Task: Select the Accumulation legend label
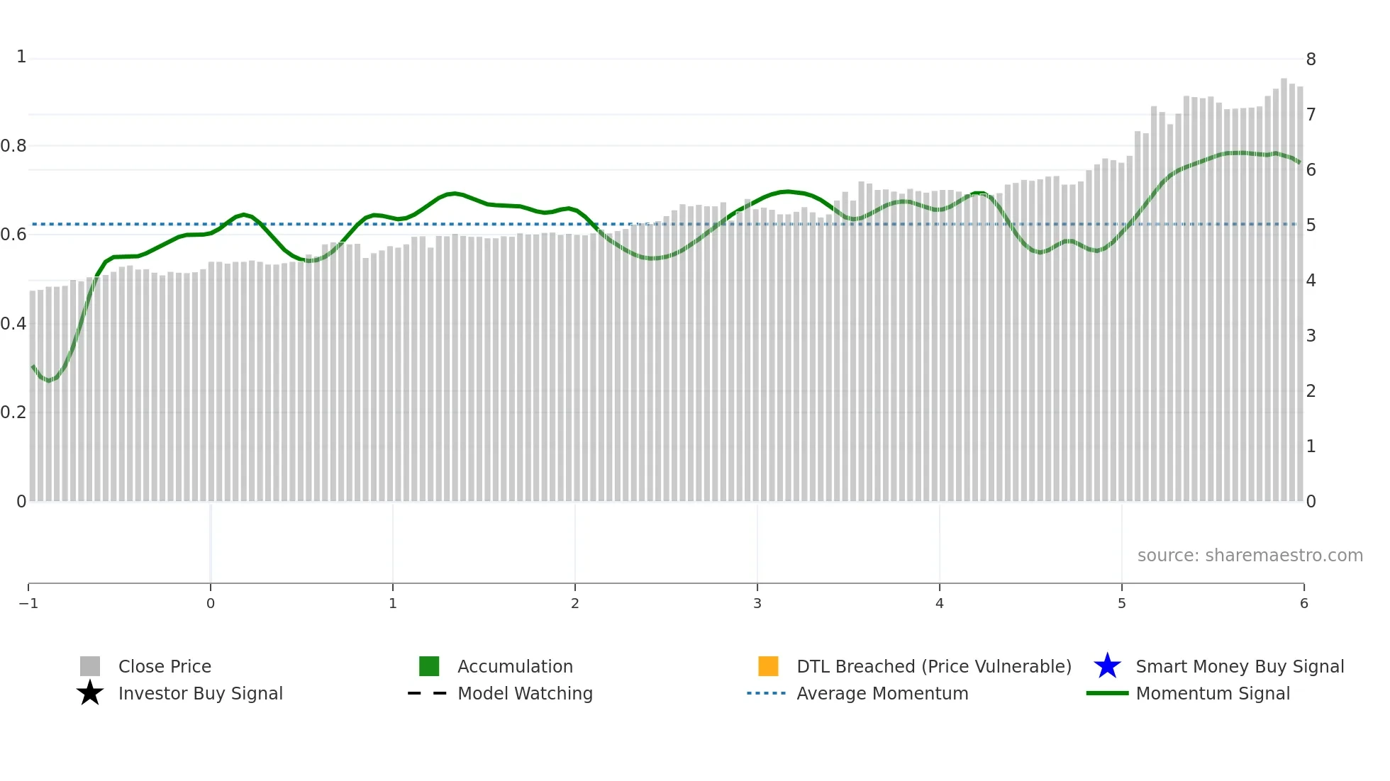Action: pos(515,666)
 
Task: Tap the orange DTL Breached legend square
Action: pos(768,666)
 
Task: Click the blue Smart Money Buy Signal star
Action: pos(1107,666)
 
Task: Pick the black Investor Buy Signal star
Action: pos(90,693)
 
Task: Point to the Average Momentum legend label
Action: pos(882,693)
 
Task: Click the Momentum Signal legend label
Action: pos(1213,693)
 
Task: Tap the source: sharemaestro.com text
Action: pos(1250,555)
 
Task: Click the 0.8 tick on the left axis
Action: pos(13,146)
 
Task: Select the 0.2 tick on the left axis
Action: pos(13,412)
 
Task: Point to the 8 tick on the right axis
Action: pos(1311,60)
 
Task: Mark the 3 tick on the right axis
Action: pos(1311,336)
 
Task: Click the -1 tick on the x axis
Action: pos(28,603)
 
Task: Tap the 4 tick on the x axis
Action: pos(939,603)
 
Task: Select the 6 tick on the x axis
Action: pos(1303,603)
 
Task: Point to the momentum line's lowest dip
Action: pos(48,381)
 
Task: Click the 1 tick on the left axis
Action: pos(21,57)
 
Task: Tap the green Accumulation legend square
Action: pos(429,666)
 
